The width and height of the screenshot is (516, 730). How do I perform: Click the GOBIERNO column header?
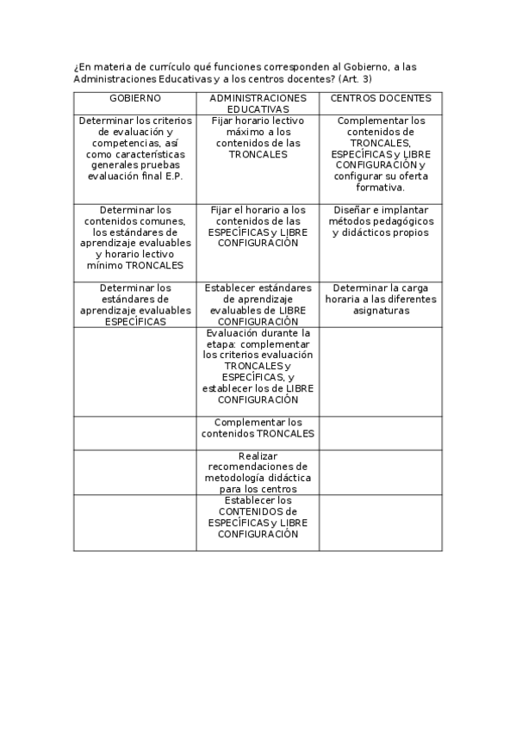point(134,98)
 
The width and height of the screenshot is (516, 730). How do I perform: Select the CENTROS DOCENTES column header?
point(380,98)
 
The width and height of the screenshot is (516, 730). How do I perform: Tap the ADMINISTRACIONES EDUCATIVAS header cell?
point(258,104)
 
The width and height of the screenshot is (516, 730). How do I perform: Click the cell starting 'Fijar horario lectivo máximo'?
point(258,138)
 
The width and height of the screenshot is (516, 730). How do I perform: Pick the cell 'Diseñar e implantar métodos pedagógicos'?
point(380,221)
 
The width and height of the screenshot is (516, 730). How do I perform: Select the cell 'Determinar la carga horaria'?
point(380,300)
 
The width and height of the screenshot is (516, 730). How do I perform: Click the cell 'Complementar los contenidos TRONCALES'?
point(258,428)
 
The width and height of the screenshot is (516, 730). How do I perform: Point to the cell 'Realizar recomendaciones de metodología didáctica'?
point(258,472)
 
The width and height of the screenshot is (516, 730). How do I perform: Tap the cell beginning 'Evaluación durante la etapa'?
point(258,366)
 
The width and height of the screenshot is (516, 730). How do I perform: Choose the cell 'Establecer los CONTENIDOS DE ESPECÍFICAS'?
point(258,517)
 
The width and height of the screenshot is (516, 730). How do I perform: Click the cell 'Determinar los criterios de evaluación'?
point(134,148)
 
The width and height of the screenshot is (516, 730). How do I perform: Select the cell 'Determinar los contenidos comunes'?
point(134,238)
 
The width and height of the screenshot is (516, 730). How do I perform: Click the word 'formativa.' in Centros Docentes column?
point(380,187)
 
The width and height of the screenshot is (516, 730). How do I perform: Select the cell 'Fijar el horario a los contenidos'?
point(258,226)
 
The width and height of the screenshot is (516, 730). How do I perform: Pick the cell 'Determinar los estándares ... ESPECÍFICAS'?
point(134,305)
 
